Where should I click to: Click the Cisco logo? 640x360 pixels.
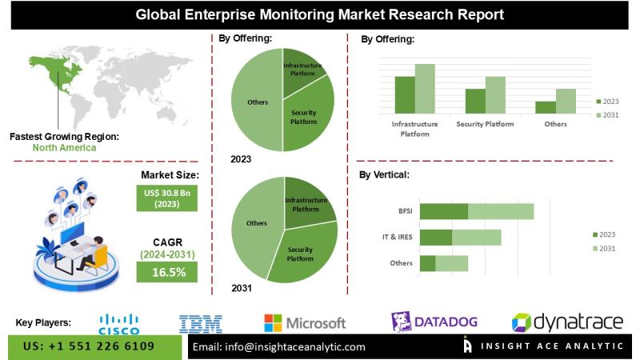[118, 323]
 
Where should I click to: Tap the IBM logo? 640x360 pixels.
[201, 323]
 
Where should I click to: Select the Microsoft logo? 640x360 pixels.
[305, 323]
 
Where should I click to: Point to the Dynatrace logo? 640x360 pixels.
[567, 322]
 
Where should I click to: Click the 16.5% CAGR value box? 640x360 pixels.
[170, 272]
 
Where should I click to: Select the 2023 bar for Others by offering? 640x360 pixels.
[545, 107]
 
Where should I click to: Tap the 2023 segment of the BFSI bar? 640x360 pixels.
[443, 211]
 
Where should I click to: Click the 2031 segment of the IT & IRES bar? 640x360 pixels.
[477, 238]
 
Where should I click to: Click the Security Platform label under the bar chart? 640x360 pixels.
[484, 125]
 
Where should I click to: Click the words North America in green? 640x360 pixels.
[64, 147]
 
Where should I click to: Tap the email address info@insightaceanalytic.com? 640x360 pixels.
[279, 346]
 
